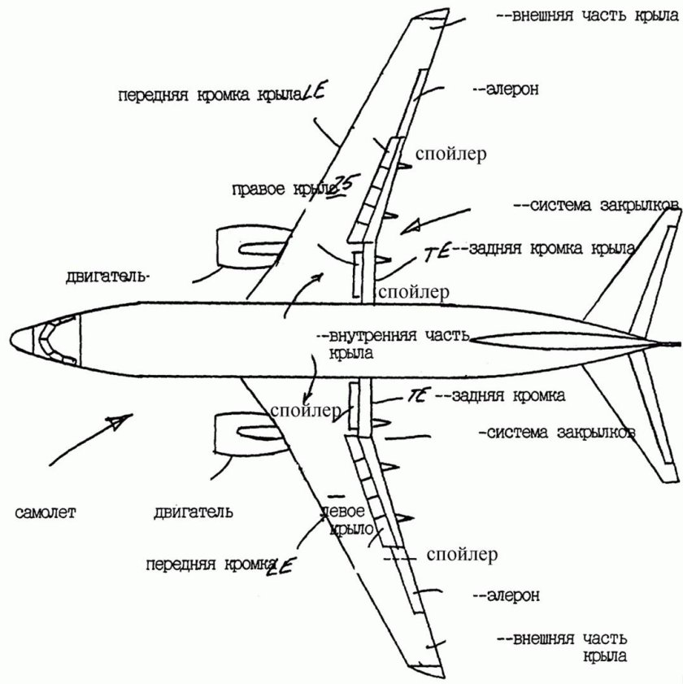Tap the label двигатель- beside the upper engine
[107, 277]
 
